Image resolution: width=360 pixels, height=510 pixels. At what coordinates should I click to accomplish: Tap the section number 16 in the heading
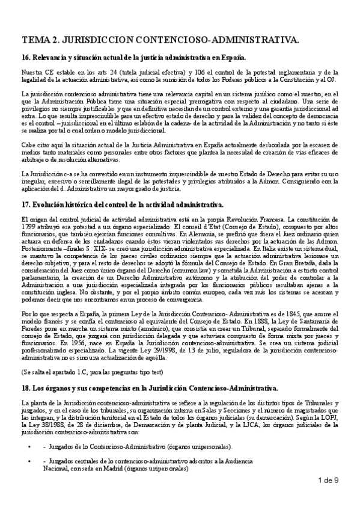[x=25, y=58]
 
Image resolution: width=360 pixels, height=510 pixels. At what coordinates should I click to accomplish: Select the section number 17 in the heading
[x=25, y=204]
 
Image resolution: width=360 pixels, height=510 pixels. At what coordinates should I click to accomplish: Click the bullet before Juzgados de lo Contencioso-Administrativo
[x=29, y=447]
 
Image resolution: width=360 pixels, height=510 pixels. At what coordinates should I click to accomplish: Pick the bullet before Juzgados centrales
[x=29, y=461]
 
